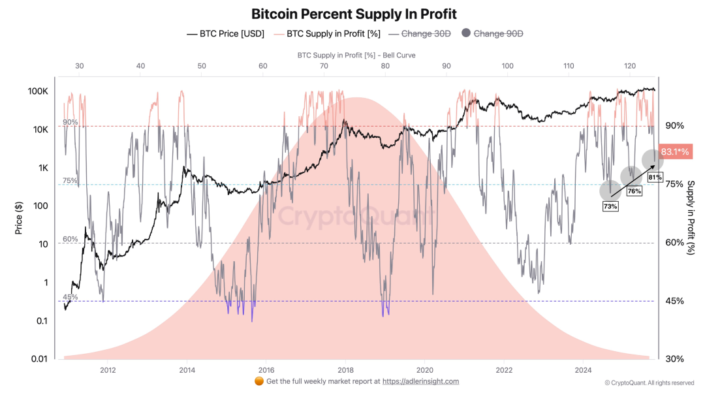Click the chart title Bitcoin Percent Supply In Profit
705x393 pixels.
[x=354, y=14]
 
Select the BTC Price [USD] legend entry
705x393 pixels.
[x=225, y=34]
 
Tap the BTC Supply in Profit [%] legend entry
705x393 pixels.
[x=327, y=34]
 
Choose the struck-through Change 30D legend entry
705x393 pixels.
[x=420, y=34]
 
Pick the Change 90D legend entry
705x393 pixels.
[x=492, y=34]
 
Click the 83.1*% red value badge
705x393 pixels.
[x=676, y=152]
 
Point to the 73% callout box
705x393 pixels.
[x=610, y=206]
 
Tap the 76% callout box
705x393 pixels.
[x=634, y=191]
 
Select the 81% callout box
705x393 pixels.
[x=655, y=177]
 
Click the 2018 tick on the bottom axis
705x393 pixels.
[x=345, y=370]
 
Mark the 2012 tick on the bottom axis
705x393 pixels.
[x=108, y=370]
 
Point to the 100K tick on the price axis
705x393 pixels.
[x=38, y=91]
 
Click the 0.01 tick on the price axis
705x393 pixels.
[x=39, y=359]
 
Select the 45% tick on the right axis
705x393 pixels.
[x=674, y=301]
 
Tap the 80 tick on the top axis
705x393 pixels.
[x=385, y=66]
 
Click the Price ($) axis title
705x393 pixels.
[x=18, y=218]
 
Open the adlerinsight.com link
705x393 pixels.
[x=420, y=381]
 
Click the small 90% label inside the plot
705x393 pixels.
[x=70, y=122]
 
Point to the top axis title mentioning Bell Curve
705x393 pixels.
[x=356, y=55]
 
